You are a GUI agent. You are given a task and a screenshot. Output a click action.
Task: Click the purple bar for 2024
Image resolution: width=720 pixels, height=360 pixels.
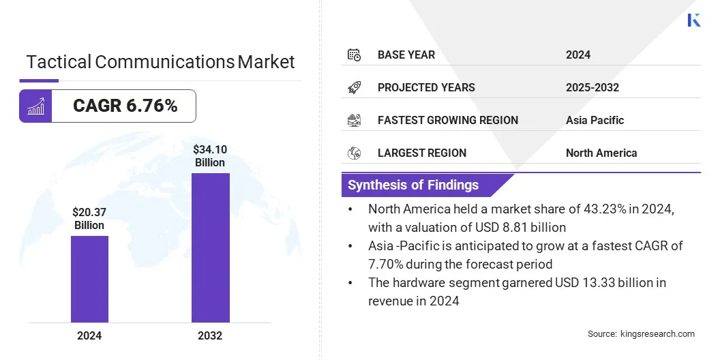89,279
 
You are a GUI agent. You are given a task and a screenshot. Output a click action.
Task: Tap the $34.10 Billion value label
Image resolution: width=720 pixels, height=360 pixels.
209,155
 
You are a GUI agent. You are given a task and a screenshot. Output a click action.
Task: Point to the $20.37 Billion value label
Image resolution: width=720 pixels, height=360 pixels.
89,218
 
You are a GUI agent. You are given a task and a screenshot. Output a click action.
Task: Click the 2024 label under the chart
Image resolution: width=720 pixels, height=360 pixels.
89,335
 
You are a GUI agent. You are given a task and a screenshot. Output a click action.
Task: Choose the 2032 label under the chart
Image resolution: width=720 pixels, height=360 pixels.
210,335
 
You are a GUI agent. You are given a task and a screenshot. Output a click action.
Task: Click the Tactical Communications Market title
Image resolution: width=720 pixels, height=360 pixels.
160,62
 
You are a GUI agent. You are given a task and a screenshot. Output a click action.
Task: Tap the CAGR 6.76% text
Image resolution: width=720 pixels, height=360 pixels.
125,106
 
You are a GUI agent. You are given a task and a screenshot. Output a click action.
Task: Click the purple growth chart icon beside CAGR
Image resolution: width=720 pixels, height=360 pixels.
35,106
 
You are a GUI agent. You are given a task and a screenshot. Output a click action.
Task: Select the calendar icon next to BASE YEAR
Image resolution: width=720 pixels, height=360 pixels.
354,55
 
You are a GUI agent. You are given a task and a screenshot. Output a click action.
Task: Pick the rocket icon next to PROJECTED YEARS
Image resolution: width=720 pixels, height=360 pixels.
354,87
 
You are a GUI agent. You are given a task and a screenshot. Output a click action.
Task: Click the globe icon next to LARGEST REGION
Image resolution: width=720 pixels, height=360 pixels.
354,153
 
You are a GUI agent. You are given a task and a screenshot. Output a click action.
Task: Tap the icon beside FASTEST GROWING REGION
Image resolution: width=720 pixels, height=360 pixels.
354,120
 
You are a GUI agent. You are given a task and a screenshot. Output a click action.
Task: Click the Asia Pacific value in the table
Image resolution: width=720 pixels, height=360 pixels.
595,120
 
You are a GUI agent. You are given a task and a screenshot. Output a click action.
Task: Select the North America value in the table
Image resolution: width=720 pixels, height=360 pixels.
601,153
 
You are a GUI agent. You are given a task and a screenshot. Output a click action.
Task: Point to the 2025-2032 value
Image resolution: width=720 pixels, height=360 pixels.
592,87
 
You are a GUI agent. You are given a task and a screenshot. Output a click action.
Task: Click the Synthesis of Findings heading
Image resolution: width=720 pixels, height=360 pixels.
413,185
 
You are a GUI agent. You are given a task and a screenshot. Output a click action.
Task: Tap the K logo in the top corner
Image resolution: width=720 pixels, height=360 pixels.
694,20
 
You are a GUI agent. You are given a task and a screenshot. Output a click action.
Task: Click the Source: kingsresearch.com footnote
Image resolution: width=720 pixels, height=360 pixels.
641,333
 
